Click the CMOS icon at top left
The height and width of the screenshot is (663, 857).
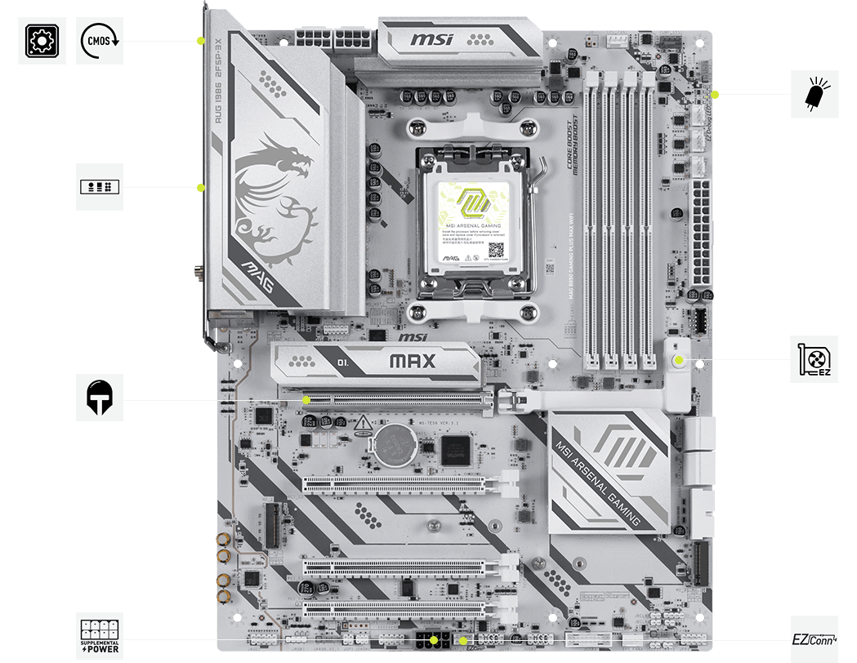[100, 40]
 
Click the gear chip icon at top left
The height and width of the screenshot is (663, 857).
[42, 40]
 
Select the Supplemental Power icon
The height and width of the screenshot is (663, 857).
[100, 635]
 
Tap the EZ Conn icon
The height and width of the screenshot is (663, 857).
[814, 638]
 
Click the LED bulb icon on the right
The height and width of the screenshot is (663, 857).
[815, 94]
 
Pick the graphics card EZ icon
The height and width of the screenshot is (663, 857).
[815, 358]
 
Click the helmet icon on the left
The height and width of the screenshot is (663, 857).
[100, 398]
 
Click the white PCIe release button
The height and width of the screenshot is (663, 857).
[678, 359]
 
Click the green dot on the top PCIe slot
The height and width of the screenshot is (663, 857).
[306, 400]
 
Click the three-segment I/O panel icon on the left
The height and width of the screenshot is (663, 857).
[100, 187]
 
